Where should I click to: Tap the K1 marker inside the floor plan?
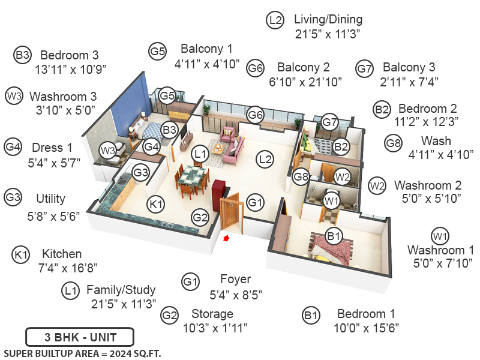157,205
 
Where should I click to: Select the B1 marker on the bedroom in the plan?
334,236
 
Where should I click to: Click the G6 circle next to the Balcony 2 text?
256,68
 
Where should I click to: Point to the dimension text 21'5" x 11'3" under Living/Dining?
328,34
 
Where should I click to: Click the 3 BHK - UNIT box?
80,336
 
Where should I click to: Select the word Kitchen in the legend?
62,254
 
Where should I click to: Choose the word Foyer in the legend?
235,279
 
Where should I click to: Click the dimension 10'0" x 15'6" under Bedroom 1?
366,328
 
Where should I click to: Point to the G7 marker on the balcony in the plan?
330,122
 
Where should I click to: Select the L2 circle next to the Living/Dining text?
275,20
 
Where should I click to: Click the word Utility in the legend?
50,199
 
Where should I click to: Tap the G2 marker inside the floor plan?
200,217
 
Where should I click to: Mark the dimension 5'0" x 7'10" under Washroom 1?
442,263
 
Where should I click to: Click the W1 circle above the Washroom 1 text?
440,235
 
